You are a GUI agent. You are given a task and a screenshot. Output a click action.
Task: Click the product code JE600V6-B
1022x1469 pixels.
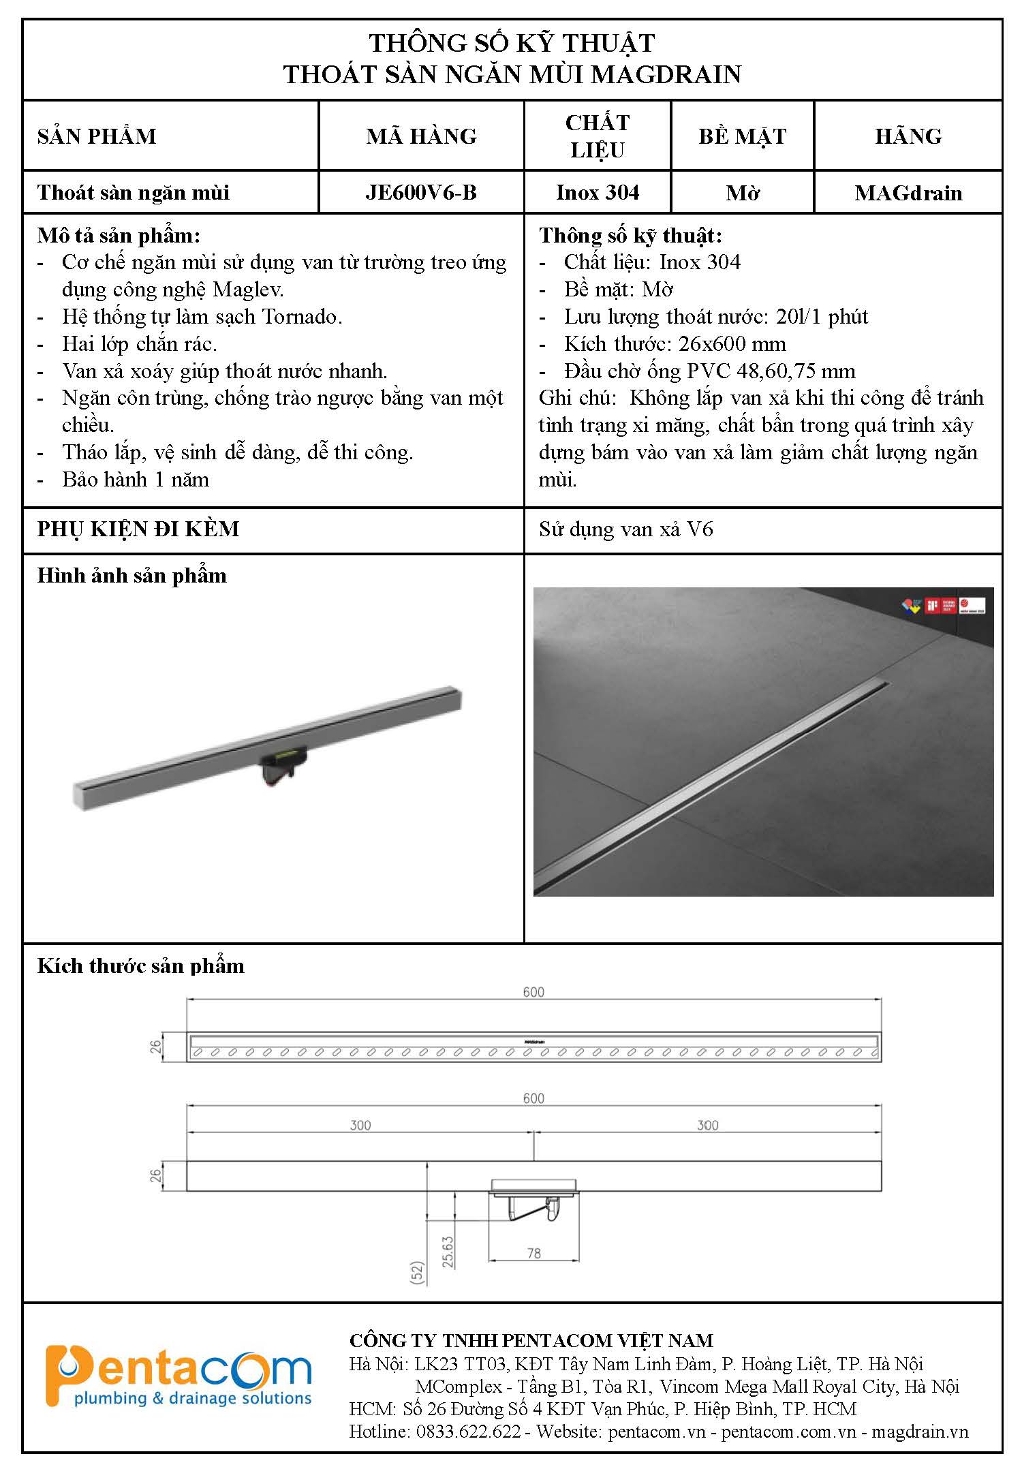coord(421,193)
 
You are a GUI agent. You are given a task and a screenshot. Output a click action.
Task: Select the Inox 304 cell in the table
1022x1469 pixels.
coord(598,193)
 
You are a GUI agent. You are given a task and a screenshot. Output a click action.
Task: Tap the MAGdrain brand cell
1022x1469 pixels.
coord(908,193)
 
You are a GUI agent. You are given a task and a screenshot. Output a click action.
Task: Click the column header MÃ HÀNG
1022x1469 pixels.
coord(421,136)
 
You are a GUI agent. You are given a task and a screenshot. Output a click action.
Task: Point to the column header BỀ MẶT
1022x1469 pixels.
coord(742,136)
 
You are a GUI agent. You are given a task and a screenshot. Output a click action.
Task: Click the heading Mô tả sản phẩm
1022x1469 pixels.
coord(119,236)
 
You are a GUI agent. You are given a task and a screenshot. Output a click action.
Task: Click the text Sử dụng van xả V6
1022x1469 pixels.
coord(625,529)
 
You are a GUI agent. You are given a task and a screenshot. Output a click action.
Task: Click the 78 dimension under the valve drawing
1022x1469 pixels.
coord(533,1252)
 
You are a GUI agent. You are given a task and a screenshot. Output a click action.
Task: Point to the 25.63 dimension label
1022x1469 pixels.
coord(448,1251)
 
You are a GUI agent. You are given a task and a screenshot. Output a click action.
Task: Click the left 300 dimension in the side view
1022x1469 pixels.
coord(360,1125)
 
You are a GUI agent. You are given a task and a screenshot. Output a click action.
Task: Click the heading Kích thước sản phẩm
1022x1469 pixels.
coord(140,966)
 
